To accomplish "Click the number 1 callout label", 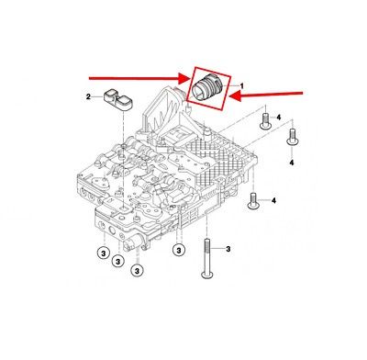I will pos(244,85).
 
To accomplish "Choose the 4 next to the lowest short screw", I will pos(274,198).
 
